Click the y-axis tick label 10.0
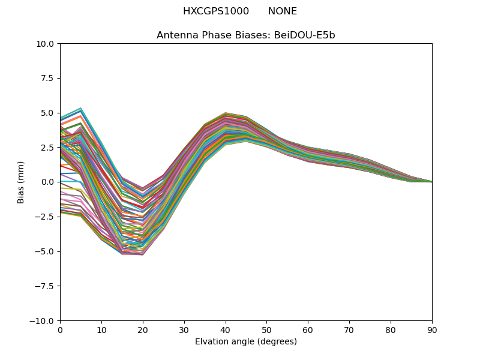pos(47,43)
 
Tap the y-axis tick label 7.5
pos(49,78)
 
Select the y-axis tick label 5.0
pos(49,113)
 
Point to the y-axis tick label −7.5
pos(46,286)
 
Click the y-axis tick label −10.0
pos(44,321)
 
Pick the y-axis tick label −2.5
pos(46,217)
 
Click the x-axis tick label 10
pos(101,329)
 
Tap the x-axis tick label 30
pos(184,329)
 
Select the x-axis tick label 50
pos(267,329)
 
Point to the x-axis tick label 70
pos(349,329)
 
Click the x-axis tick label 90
pos(432,329)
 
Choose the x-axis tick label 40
pos(226,329)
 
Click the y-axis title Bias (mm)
pos(21,182)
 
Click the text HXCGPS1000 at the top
pos(215,11)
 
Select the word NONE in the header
pos(283,11)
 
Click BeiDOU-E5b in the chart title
pos(304,35)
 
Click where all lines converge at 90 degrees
pos(431,182)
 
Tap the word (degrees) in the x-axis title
pos(277,341)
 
